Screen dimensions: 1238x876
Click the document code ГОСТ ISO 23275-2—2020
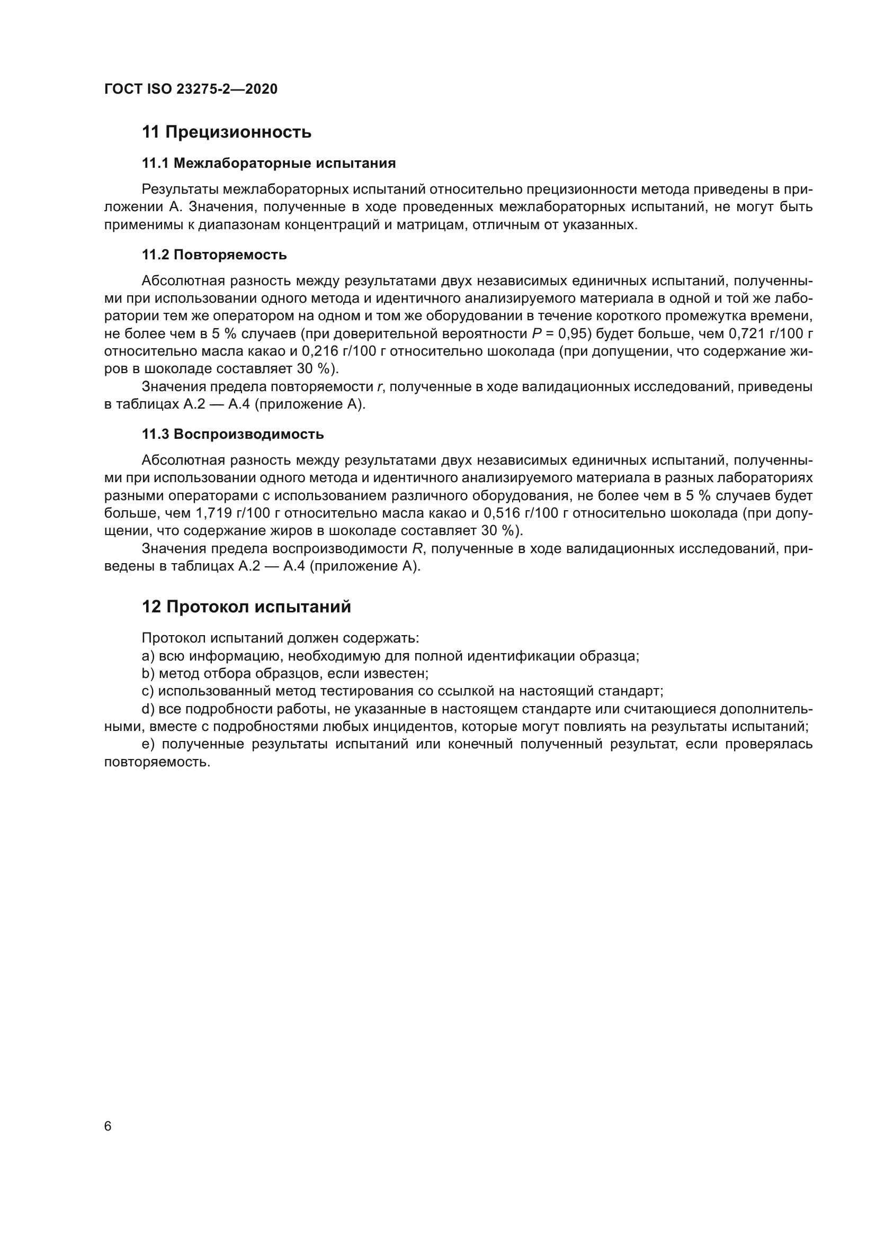(x=191, y=89)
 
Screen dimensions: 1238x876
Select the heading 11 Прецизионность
(x=227, y=132)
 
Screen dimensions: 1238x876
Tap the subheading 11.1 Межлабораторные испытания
(x=269, y=163)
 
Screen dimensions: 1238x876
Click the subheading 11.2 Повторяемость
(x=214, y=255)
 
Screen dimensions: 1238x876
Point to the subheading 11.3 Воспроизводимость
(x=233, y=434)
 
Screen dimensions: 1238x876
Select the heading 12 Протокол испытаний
(x=246, y=607)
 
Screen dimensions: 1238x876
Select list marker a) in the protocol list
(x=147, y=656)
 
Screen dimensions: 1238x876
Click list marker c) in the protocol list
(x=147, y=691)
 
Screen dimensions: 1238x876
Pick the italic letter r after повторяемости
(x=379, y=386)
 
